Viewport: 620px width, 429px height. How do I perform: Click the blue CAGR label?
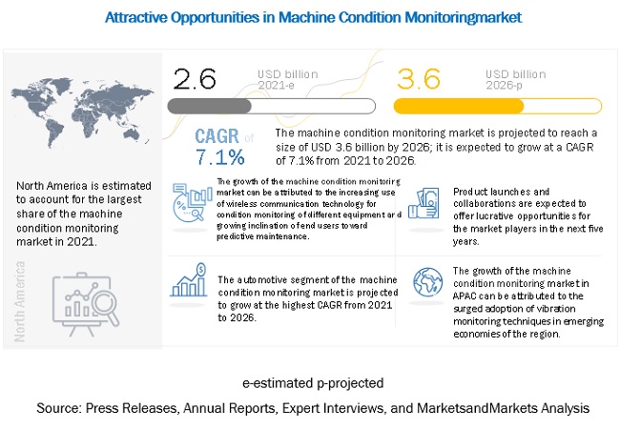pos(217,137)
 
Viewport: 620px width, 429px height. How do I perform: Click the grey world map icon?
pos(70,105)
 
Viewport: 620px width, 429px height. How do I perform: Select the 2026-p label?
pos(506,85)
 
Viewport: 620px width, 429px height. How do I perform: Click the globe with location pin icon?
pos(424,283)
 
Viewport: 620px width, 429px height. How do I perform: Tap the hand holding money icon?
pos(424,201)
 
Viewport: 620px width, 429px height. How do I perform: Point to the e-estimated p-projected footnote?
pos(311,383)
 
